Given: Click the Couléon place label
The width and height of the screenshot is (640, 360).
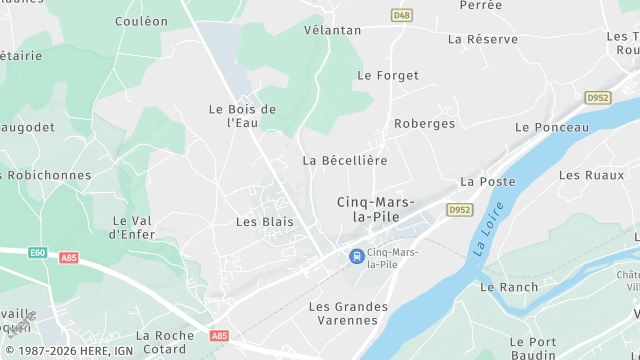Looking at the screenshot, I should click(x=141, y=21).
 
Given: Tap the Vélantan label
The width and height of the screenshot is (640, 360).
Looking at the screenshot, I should click(x=333, y=30).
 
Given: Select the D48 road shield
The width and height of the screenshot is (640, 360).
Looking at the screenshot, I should click(x=402, y=15).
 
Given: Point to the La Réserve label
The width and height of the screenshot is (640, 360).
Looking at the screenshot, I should click(x=483, y=39).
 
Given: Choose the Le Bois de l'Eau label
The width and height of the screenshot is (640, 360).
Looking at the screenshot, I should click(x=242, y=116).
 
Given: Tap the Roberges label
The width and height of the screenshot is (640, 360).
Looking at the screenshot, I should click(x=425, y=124).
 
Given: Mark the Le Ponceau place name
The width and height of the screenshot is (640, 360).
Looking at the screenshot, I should click(x=552, y=128).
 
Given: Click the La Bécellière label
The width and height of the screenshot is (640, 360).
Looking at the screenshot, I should click(x=345, y=160).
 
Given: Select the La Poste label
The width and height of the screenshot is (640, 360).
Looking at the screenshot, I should click(x=488, y=182).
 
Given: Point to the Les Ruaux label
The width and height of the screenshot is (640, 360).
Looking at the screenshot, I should click(x=584, y=175).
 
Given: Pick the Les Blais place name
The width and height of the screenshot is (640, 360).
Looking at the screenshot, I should click(x=265, y=221).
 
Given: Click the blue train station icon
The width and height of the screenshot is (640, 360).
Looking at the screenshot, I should click(x=355, y=256).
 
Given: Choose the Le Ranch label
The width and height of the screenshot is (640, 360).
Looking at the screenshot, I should click(x=509, y=287).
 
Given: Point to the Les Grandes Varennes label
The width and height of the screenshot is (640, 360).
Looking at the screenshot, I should click(x=344, y=313).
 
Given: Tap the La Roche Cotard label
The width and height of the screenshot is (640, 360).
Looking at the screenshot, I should click(x=165, y=342).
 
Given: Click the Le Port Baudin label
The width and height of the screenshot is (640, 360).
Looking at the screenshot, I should click(x=532, y=347).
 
